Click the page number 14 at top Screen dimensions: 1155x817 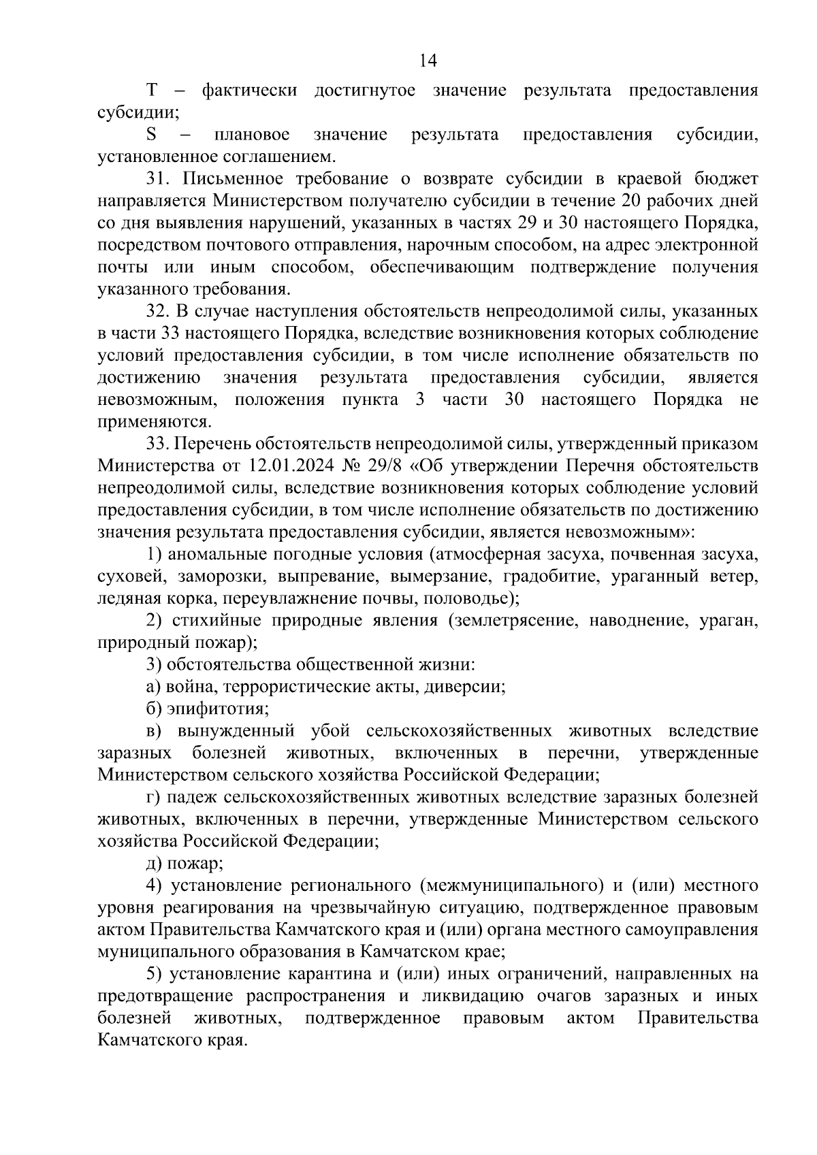[x=428, y=61]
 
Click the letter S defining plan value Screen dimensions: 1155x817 [x=152, y=135]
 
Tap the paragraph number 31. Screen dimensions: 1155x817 [x=157, y=179]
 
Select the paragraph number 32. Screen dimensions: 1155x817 [x=157, y=312]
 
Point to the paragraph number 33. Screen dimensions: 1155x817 [x=157, y=444]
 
